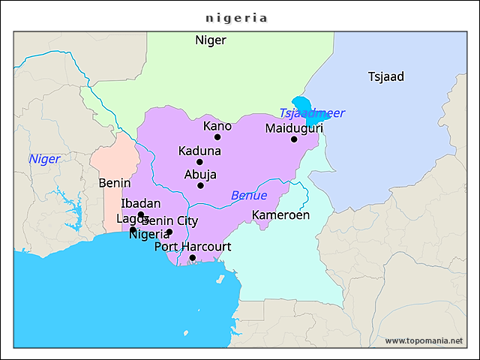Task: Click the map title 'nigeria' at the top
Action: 237,17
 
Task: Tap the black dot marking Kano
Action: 217,137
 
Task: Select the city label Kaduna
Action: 199,151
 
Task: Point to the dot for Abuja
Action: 200,185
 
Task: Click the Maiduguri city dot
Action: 294,139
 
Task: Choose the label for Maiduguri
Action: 294,128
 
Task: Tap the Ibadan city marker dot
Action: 140,214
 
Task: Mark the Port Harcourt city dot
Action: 193,258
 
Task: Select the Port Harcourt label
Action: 193,247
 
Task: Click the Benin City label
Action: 169,220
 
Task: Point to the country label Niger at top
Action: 210,40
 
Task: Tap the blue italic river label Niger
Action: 44,159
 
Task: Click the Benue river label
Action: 248,196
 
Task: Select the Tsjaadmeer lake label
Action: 312,113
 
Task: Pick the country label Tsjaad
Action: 386,76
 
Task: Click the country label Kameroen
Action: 280,215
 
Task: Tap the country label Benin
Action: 115,183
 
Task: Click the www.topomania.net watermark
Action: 424,340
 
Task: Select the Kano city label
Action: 217,126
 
